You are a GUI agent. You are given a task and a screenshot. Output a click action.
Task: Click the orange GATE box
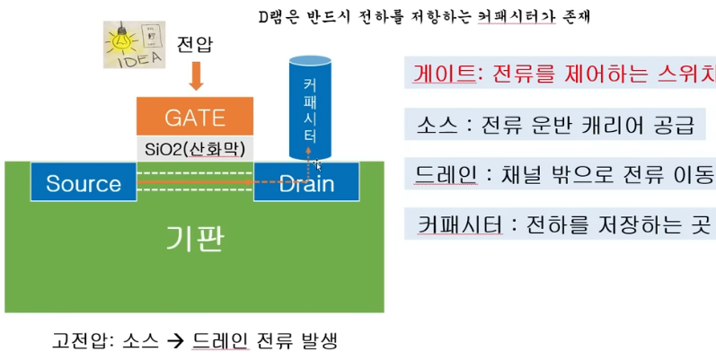pyautogui.click(x=194, y=118)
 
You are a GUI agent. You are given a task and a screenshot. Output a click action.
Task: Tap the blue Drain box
pyautogui.click(x=306, y=184)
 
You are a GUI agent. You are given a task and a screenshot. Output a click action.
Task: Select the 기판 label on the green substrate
pyautogui.click(x=194, y=238)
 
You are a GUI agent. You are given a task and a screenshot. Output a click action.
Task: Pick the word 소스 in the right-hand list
pyautogui.click(x=432, y=125)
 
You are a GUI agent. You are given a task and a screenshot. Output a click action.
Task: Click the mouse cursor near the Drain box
pyautogui.click(x=319, y=166)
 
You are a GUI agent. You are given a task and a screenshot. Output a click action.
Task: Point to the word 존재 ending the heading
pyautogui.click(x=596, y=15)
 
